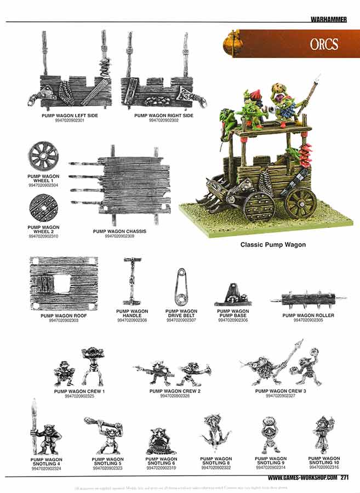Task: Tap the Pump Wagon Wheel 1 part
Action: pos(43,156)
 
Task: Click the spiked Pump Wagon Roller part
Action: pos(308,299)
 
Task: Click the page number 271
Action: pos(345,477)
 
